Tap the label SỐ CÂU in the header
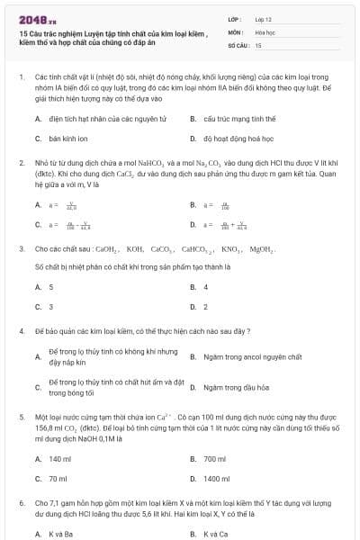(x=238, y=44)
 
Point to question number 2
(x=22, y=162)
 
